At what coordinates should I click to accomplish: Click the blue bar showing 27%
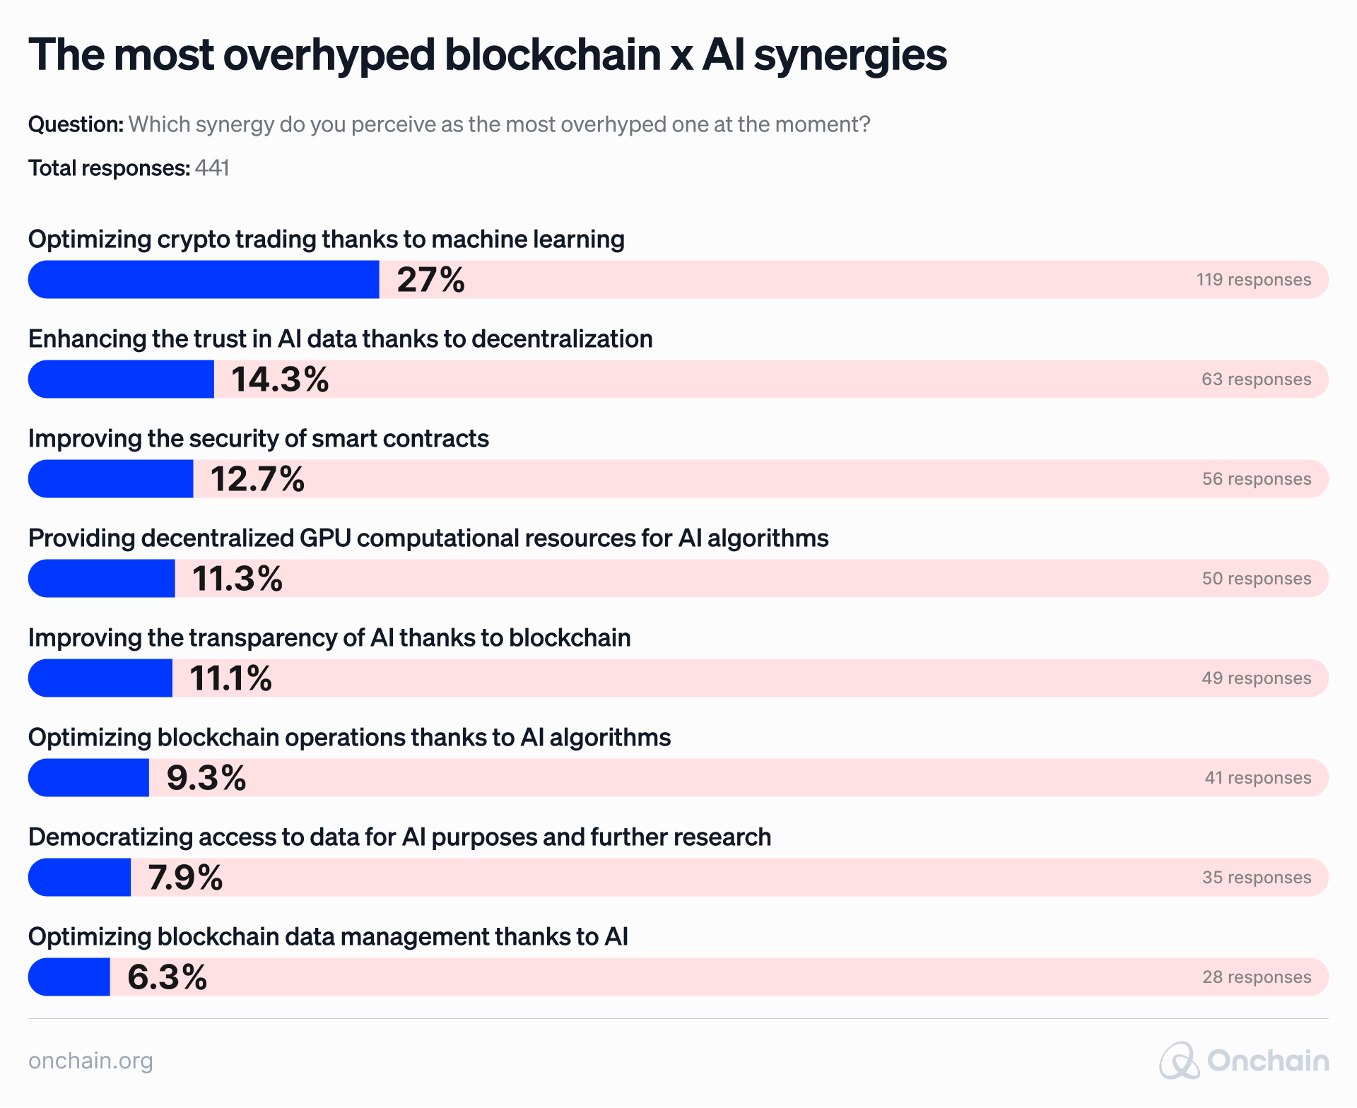click(204, 280)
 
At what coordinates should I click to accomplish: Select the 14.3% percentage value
click(280, 379)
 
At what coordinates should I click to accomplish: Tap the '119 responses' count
click(1253, 280)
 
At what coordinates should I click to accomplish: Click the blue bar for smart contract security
click(111, 479)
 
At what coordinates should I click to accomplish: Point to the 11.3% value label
click(237, 579)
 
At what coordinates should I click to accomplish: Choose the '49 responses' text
click(1256, 678)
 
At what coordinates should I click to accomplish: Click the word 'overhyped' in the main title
click(329, 55)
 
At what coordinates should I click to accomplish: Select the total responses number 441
click(212, 168)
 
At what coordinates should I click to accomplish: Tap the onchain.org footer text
click(90, 1061)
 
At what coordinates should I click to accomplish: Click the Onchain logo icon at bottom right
click(1179, 1061)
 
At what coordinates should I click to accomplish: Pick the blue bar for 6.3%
click(69, 977)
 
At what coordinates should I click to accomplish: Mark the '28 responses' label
click(1256, 977)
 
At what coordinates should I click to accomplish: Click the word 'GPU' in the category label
click(325, 538)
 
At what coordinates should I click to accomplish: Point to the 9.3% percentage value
click(206, 778)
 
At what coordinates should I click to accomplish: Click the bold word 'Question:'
click(76, 124)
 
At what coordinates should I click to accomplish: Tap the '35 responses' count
click(1256, 878)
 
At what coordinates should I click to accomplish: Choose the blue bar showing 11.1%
click(100, 678)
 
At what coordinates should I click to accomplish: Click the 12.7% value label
click(257, 479)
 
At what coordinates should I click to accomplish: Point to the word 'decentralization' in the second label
click(562, 339)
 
